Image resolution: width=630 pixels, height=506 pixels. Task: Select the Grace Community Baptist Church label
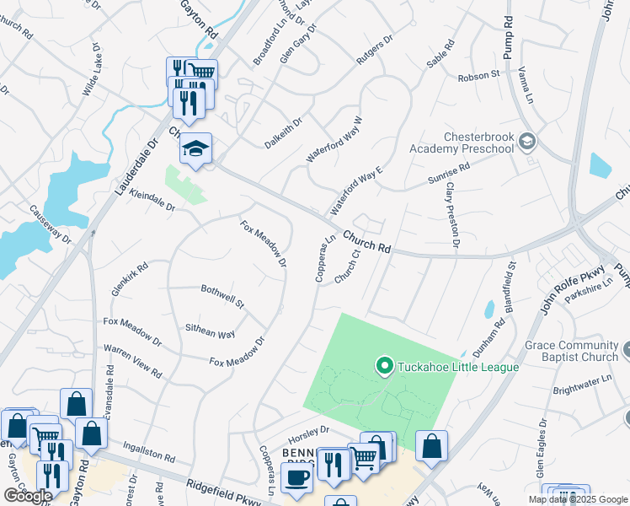571,351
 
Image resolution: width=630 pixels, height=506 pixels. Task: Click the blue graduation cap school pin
196,150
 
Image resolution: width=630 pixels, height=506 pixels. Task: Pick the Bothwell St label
222,296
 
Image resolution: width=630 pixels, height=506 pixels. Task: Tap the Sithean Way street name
210,330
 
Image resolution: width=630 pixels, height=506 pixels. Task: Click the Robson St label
478,76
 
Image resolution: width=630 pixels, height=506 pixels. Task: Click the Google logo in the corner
27,495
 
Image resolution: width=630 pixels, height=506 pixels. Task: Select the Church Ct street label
346,265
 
